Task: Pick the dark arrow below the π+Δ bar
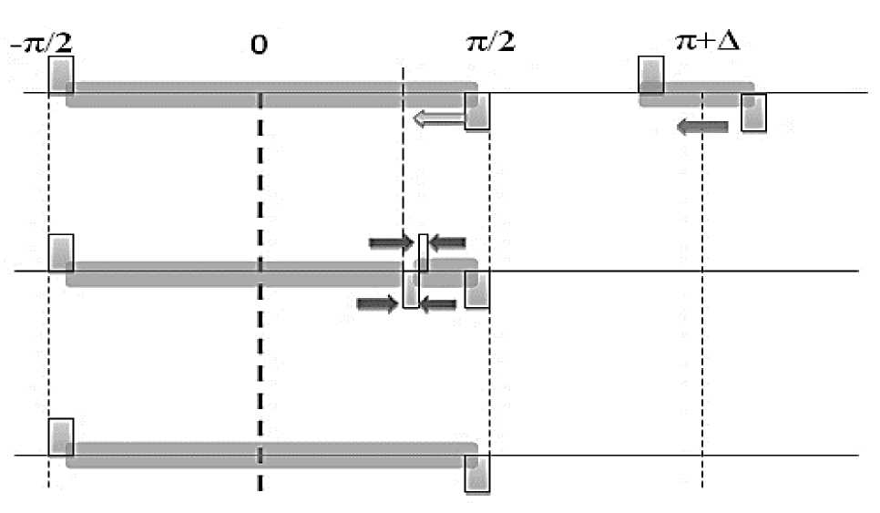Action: (702, 127)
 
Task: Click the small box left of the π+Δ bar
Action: (650, 75)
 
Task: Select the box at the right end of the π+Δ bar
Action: (753, 112)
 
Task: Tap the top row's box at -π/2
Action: (60, 75)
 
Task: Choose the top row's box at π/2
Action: (477, 111)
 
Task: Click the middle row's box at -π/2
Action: (60, 252)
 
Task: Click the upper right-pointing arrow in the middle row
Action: (391, 242)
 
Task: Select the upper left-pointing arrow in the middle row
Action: (447, 242)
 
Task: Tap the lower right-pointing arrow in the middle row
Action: (379, 303)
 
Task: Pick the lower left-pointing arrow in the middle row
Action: (438, 303)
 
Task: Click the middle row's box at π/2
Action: (477, 290)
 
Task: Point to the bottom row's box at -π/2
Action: (60, 436)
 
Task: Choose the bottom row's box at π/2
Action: (477, 474)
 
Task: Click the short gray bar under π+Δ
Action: (697, 93)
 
